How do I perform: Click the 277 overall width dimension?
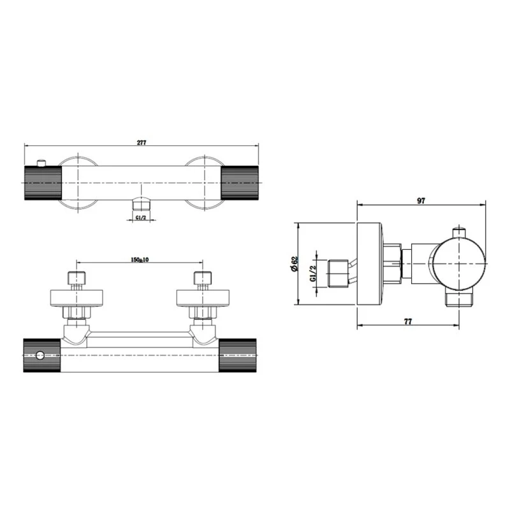point(142,142)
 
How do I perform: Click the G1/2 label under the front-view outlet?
point(142,218)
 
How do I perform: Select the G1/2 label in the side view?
point(312,274)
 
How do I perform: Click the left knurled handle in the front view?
point(43,183)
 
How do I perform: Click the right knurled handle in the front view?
point(241,183)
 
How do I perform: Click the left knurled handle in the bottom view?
point(42,354)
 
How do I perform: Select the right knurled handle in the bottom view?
point(241,354)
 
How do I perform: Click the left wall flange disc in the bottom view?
point(76,298)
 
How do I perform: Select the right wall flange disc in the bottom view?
point(202,298)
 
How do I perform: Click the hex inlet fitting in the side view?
point(337,273)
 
